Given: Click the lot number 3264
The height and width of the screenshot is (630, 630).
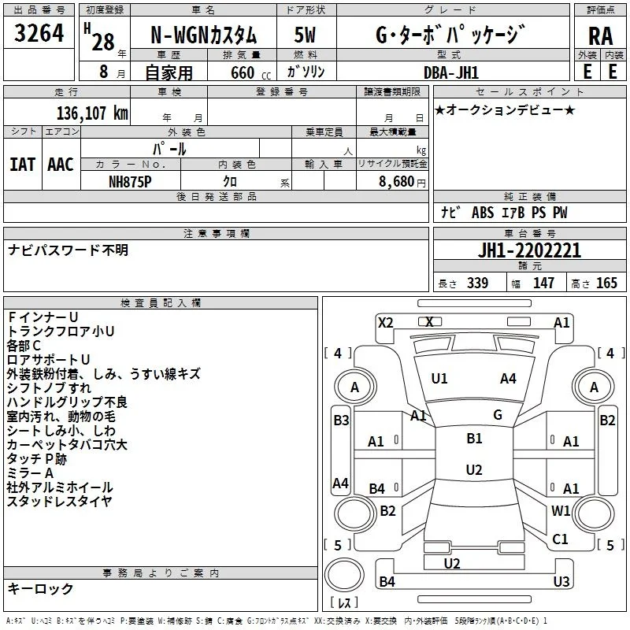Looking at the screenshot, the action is pyautogui.click(x=39, y=33).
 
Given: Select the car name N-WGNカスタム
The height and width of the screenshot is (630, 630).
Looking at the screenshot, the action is pyautogui.click(x=203, y=35).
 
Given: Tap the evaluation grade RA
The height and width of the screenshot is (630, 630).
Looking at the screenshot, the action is pyautogui.click(x=601, y=36).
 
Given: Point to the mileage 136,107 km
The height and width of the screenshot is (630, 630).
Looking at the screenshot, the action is pyautogui.click(x=92, y=113).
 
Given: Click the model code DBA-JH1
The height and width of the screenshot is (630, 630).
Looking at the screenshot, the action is pyautogui.click(x=451, y=72).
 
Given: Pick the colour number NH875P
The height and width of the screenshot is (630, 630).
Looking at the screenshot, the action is pyautogui.click(x=130, y=182).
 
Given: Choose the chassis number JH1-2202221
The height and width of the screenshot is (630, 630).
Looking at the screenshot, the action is pyautogui.click(x=529, y=250).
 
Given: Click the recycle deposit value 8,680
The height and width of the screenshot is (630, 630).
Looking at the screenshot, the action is pyautogui.click(x=397, y=182).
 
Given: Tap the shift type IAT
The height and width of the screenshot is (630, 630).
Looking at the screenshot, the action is pyautogui.click(x=23, y=165).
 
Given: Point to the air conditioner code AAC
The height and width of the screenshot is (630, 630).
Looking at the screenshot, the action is pyautogui.click(x=61, y=165).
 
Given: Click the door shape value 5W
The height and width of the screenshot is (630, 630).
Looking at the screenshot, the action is pyautogui.click(x=305, y=35).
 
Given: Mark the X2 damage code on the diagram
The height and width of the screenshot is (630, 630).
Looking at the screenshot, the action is pyautogui.click(x=385, y=323).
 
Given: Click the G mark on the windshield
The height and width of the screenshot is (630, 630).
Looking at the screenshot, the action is pyautogui.click(x=498, y=415).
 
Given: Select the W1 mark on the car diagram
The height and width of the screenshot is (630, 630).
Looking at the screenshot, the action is pyautogui.click(x=561, y=510).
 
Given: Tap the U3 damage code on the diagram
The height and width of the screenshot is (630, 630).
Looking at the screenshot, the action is pyautogui.click(x=561, y=581).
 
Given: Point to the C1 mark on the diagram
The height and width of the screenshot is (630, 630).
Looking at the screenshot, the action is pyautogui.click(x=560, y=539).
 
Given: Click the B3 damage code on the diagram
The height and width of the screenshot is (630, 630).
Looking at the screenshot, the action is pyautogui.click(x=342, y=421).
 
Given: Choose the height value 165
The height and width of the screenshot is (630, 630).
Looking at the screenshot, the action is pyautogui.click(x=606, y=283).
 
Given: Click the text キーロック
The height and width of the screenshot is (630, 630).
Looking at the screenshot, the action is pyautogui.click(x=40, y=588).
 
